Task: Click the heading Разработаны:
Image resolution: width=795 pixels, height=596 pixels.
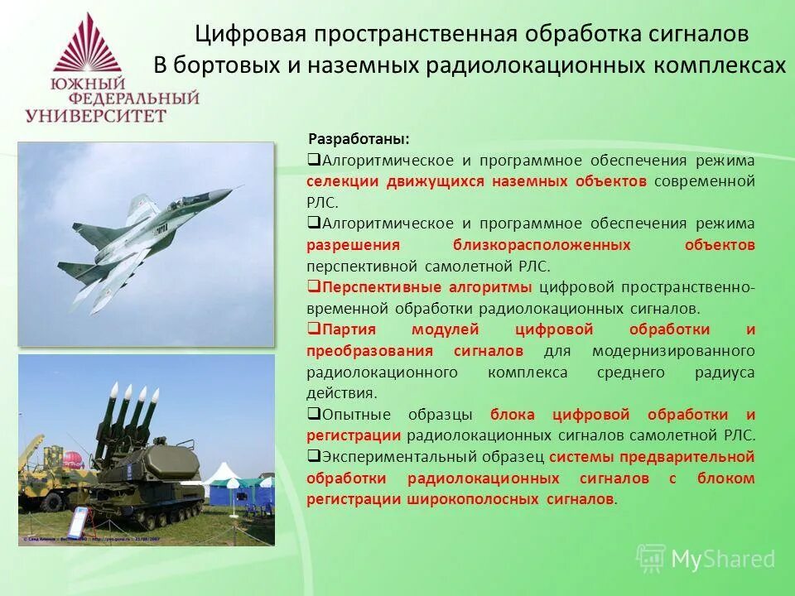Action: click(x=359, y=138)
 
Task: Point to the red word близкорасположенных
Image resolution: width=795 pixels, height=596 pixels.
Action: click(x=542, y=245)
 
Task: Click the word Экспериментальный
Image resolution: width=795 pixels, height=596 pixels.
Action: click(x=433, y=456)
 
